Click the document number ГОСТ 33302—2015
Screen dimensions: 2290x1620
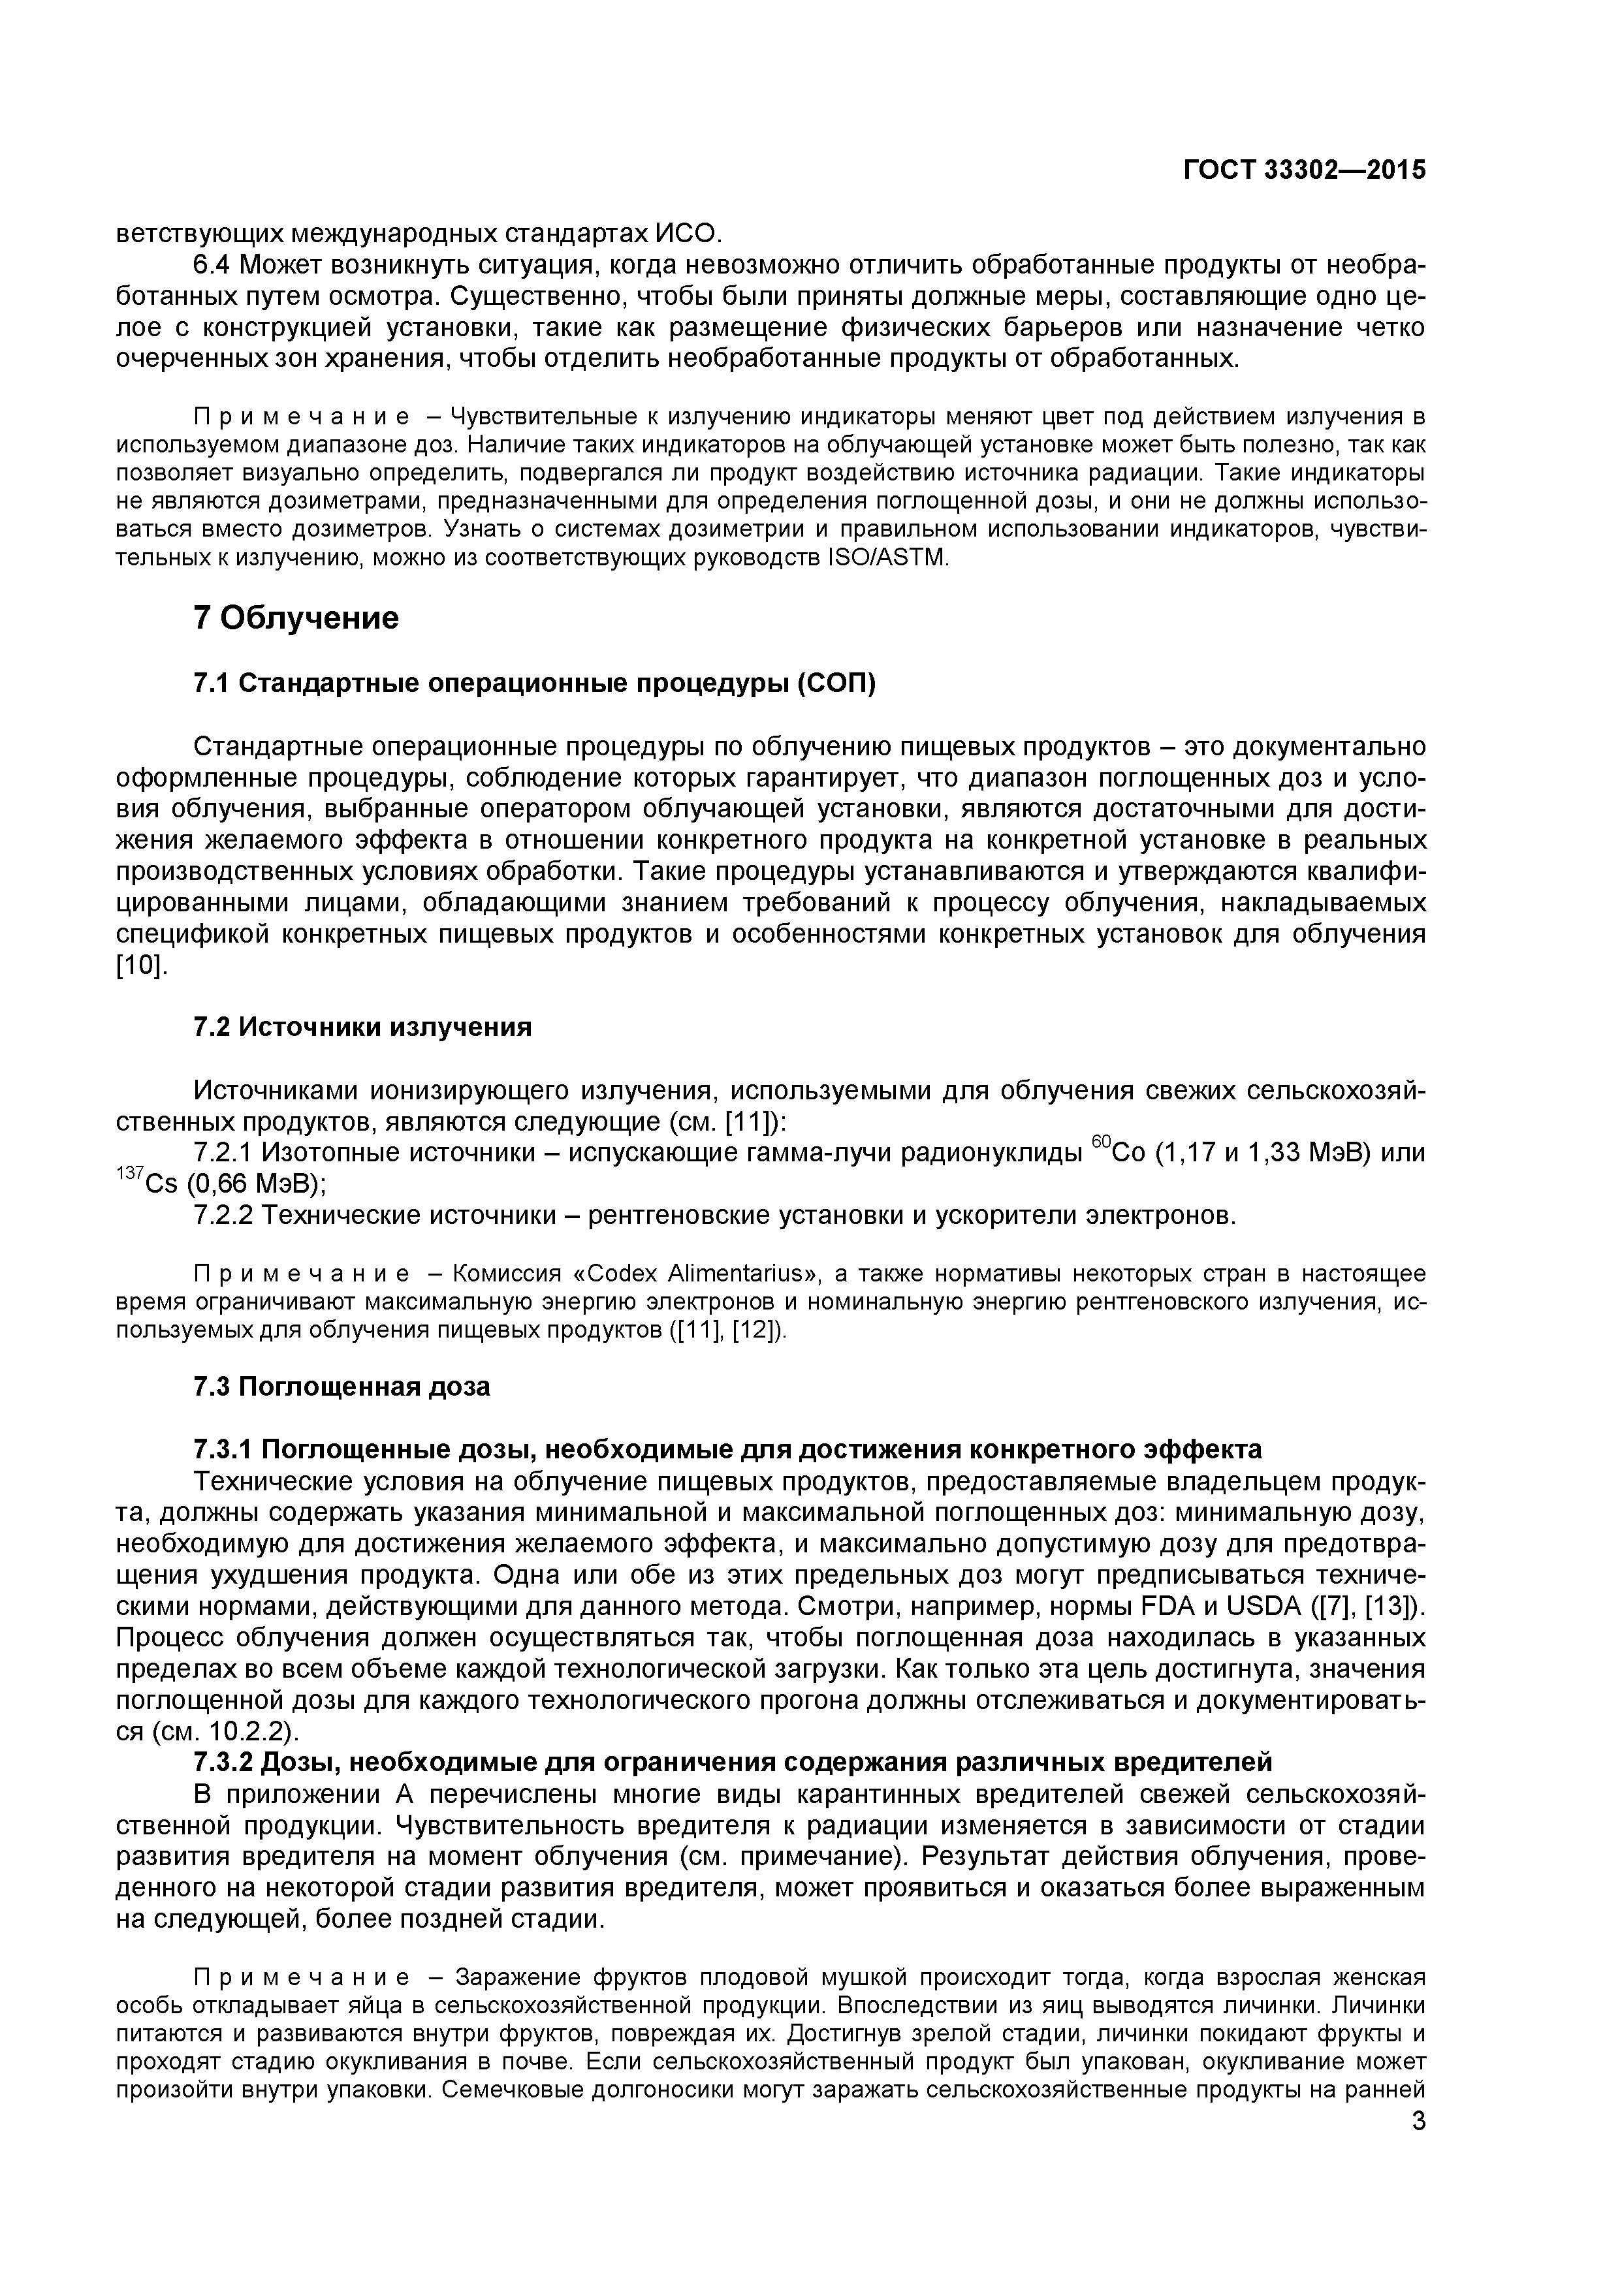tap(1304, 170)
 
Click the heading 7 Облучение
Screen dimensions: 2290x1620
tap(296, 618)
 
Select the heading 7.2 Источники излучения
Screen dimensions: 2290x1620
tap(362, 1027)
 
